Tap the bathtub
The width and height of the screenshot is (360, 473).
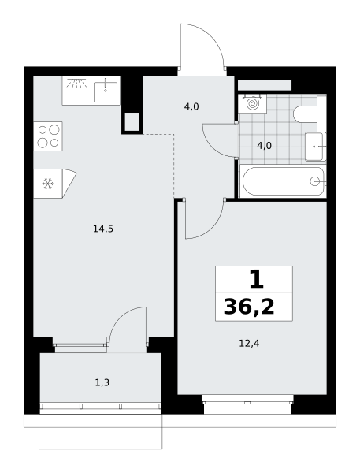tap(283, 181)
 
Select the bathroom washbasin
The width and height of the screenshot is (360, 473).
tap(316, 147)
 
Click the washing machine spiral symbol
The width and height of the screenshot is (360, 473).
tap(253, 104)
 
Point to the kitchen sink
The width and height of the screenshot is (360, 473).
tap(106, 91)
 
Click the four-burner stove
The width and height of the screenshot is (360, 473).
tap(48, 136)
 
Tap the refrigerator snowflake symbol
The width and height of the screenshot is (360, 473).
tap(47, 184)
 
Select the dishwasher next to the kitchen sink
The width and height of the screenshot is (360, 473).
tap(76, 91)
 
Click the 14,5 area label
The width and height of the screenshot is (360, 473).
tap(103, 229)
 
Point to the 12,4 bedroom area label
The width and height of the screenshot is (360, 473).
tap(249, 344)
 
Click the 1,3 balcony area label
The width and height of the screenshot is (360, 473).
tap(102, 383)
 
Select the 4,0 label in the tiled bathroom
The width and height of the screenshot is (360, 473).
tap(265, 146)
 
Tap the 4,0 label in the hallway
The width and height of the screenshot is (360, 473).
tap(191, 106)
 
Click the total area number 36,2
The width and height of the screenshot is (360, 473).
tap(249, 307)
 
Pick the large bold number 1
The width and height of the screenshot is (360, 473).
tap(257, 279)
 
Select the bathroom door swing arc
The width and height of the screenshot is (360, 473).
tap(214, 145)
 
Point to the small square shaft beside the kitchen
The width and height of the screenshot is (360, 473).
tap(132, 121)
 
